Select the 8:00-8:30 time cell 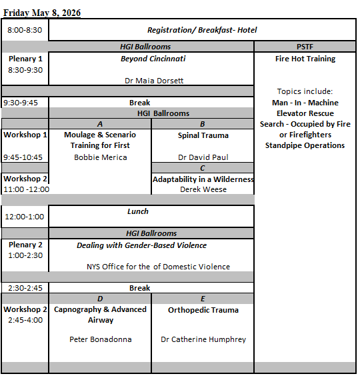(x=25, y=30)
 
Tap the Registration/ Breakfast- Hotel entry (x=202, y=30)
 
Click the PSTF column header (x=305, y=47)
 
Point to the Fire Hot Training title (x=305, y=59)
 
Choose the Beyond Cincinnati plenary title (x=153, y=59)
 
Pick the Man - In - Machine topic (x=305, y=103)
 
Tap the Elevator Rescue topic (x=305, y=113)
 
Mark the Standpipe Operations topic (x=305, y=145)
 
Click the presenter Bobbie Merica (x=100, y=157)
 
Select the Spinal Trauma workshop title (x=203, y=135)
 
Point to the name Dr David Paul (x=203, y=157)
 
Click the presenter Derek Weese (x=203, y=189)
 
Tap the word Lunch (x=138, y=211)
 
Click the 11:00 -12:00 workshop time (x=25, y=189)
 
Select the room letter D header (x=100, y=298)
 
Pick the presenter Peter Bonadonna (x=100, y=339)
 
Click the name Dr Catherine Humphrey (x=203, y=339)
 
